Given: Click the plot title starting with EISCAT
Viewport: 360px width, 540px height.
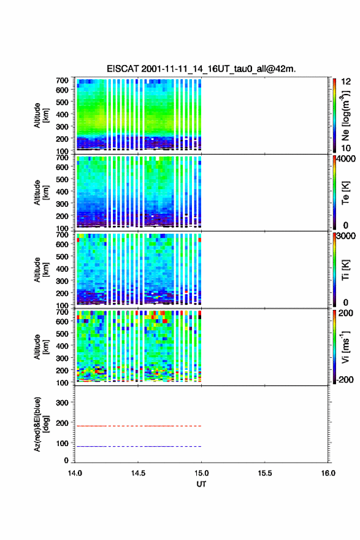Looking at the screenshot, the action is (201, 69).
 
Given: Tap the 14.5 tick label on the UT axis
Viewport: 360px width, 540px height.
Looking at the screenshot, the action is (138, 473).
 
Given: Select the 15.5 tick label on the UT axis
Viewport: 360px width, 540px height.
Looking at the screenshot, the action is (265, 473).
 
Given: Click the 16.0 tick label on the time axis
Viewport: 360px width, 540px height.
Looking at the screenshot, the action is (328, 473).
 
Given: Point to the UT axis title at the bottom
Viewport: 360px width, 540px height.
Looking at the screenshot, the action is (201, 484).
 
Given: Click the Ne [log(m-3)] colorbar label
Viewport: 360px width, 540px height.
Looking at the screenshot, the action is (345, 116).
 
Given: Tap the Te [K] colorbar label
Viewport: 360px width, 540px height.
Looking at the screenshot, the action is (345, 193).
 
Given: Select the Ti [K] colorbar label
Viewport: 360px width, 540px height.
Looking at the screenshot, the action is (345, 270).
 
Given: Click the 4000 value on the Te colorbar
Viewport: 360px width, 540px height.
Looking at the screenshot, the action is (346, 159).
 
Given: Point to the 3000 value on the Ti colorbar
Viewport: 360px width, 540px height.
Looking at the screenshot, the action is (346, 236).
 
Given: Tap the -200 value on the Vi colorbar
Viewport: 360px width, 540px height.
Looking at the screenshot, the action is (345, 379).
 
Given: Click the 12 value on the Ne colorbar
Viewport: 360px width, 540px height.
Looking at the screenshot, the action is (346, 82).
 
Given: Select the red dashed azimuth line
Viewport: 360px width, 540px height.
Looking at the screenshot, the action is (138, 426).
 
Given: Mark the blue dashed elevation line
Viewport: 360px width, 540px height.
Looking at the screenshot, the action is (138, 446).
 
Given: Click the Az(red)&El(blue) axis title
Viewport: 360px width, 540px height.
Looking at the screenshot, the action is (41, 424).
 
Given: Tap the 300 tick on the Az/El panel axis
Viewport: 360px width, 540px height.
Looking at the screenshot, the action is (62, 403).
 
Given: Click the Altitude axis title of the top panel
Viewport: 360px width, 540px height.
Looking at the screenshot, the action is (41, 115).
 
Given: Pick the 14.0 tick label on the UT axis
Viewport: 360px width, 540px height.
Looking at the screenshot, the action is (75, 473).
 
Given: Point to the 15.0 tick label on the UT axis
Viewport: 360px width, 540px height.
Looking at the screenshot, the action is (201, 473).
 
